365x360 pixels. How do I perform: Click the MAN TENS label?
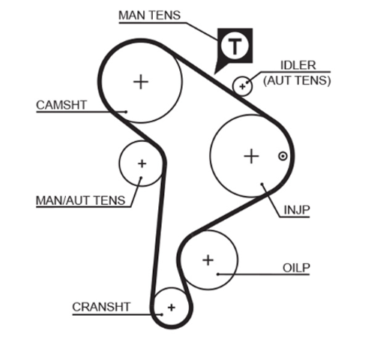149,15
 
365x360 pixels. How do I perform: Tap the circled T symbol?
235,46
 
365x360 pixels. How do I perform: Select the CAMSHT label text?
61,105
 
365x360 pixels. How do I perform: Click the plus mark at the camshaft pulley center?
141,82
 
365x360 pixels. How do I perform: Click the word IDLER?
298,65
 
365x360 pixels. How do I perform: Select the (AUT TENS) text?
297,80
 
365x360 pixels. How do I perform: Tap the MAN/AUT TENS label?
80,200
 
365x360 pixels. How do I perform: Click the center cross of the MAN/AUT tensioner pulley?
142,163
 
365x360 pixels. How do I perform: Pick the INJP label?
297,210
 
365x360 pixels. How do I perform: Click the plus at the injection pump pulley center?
251,156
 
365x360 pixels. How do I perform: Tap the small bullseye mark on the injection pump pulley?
283,156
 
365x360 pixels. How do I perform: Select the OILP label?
296,268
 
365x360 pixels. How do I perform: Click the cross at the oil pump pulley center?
208,260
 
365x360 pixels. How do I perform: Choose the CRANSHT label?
101,307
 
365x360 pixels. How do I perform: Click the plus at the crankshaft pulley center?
172,307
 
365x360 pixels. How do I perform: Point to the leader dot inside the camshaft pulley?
126,112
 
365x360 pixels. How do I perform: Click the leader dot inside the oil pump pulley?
218,274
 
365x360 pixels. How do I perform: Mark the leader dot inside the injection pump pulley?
262,184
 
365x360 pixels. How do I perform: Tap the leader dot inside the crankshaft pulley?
162,314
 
